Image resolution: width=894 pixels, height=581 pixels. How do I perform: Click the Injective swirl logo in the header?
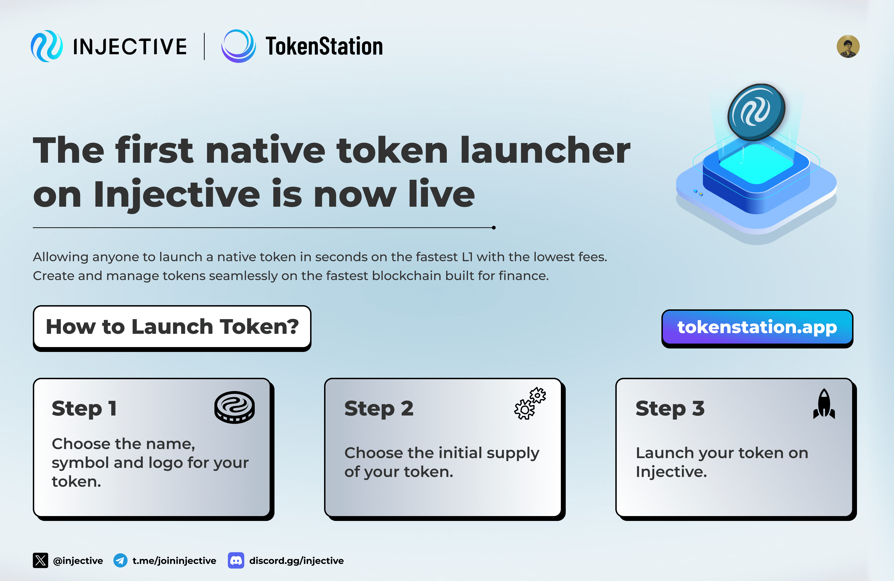click(47, 46)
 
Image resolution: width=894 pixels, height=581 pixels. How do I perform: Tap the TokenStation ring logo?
click(239, 46)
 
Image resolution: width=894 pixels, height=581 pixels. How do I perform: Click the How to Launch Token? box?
click(172, 327)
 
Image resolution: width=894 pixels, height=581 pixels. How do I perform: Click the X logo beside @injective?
click(40, 560)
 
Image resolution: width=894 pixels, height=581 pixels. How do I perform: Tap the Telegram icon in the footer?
click(120, 560)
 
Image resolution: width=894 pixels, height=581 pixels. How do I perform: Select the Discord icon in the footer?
click(236, 560)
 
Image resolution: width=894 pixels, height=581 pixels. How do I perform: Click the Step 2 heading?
click(379, 408)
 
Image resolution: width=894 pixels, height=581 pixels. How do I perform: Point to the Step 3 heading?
click(670, 408)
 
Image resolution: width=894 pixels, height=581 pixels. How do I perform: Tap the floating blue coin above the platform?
click(756, 111)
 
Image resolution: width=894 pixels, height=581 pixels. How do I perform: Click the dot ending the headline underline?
click(494, 228)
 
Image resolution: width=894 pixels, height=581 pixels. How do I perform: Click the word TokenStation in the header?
click(324, 47)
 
